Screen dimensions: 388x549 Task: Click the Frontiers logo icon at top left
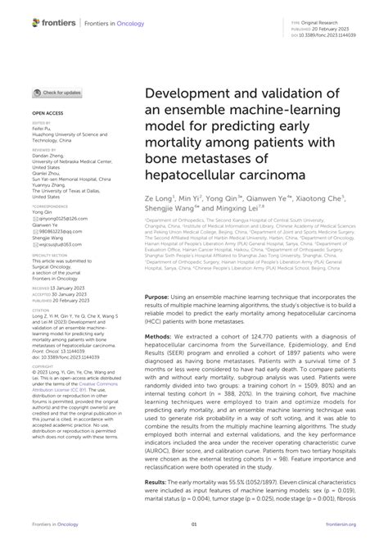(x=14, y=18)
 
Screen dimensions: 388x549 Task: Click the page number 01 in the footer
(x=194, y=532)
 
